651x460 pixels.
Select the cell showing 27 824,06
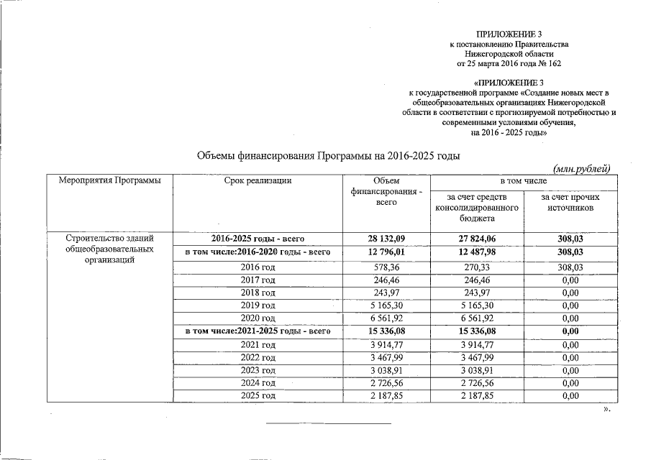[x=478, y=239]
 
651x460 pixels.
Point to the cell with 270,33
[x=478, y=266]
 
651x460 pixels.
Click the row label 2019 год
[x=258, y=305]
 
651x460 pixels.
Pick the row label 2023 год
[x=258, y=370]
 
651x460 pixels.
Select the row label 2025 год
[x=258, y=396]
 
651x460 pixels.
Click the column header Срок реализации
[x=258, y=180]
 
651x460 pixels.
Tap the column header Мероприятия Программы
[x=109, y=180]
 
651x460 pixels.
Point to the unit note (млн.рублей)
[x=581, y=168]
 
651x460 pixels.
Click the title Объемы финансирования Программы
[x=328, y=156]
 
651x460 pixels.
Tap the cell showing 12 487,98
[x=478, y=252]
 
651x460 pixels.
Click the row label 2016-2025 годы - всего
[x=258, y=239]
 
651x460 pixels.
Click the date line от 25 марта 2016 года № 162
[x=509, y=64]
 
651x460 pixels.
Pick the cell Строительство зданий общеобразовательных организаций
[x=109, y=249]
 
